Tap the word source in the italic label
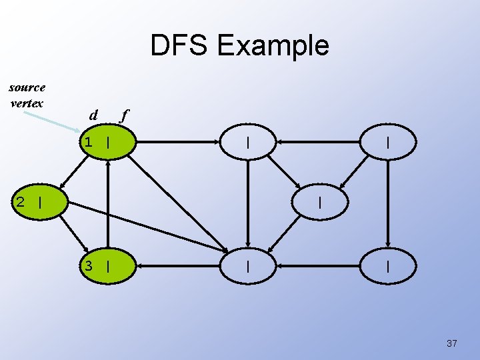(x=27, y=87)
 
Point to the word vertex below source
(x=27, y=103)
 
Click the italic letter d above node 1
(x=94, y=115)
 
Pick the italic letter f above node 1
(x=123, y=115)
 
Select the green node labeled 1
(x=107, y=142)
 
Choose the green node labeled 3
(x=107, y=265)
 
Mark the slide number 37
(x=452, y=343)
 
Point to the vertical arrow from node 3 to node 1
(x=108, y=203)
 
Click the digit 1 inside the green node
(x=87, y=141)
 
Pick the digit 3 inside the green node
(x=87, y=265)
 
